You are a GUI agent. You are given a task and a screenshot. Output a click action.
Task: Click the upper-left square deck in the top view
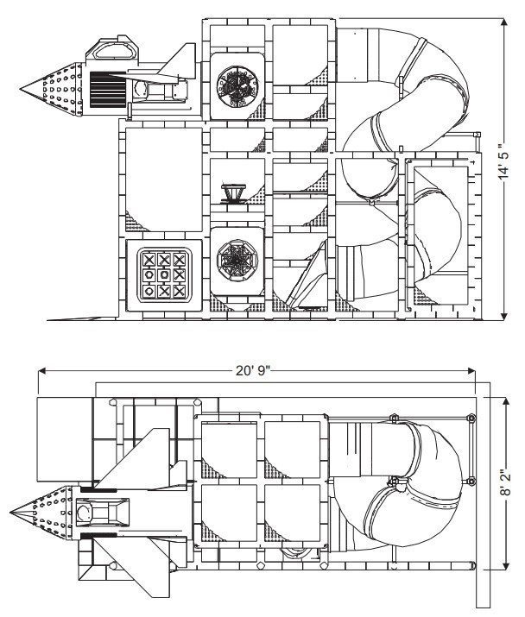click(x=229, y=447)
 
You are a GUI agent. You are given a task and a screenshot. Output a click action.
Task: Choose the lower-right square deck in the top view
click(x=294, y=516)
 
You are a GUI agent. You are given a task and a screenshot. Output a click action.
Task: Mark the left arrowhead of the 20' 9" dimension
click(x=40, y=370)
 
